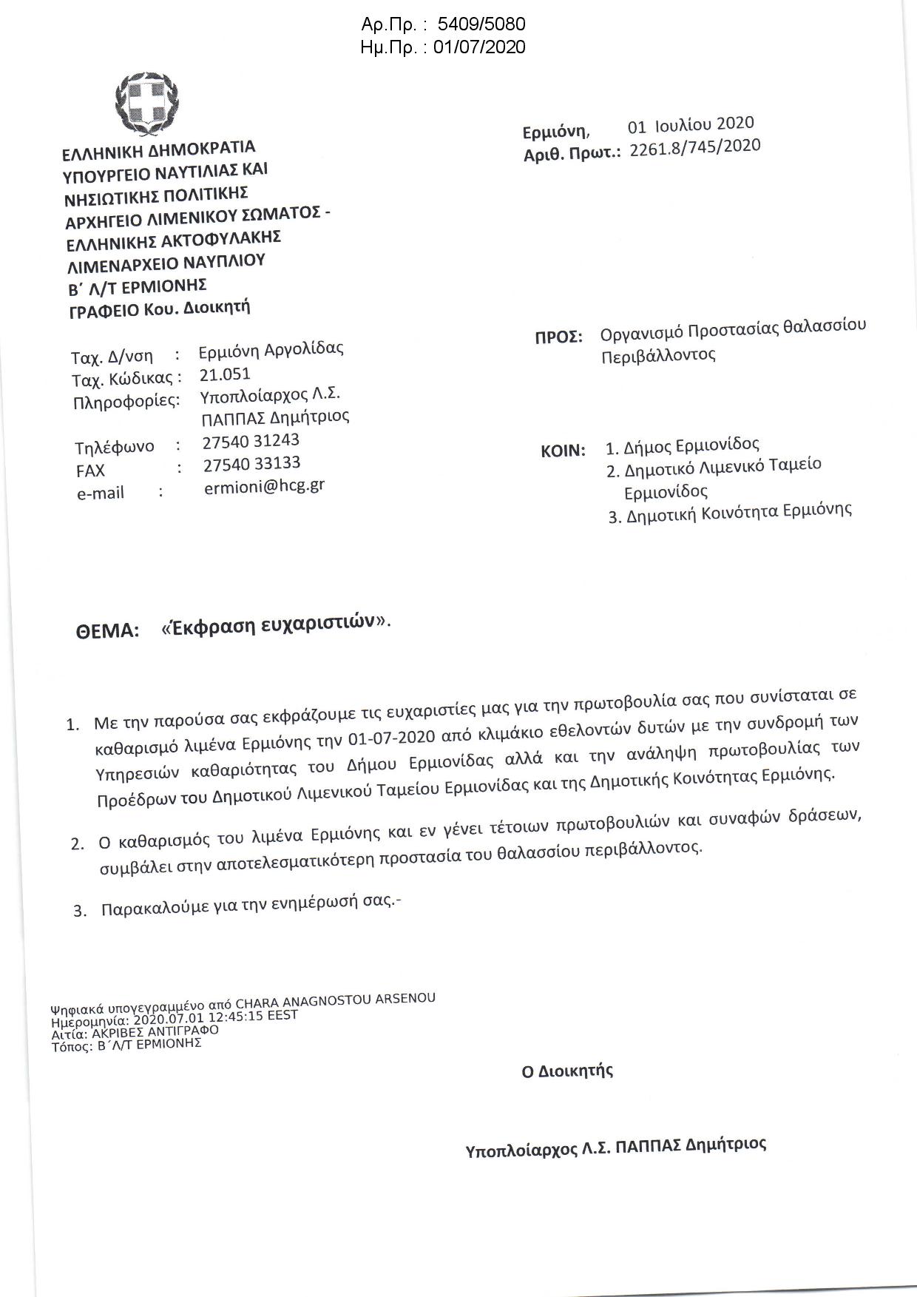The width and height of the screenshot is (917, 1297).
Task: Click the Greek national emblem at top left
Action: click(146, 107)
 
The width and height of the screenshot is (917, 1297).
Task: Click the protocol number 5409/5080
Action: click(481, 25)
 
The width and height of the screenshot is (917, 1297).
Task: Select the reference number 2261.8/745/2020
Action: click(694, 147)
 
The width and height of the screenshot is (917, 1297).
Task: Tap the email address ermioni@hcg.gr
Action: click(264, 486)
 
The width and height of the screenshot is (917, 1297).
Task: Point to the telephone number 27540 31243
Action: click(251, 441)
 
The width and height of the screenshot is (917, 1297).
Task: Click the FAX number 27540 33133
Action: click(251, 464)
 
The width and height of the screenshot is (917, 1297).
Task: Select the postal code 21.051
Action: click(225, 374)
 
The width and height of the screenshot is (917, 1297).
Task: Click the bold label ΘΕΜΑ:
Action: click(107, 631)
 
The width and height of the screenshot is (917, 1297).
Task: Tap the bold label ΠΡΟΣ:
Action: click(558, 337)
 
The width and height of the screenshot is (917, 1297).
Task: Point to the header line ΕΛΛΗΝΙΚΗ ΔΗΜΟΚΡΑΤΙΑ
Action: click(158, 150)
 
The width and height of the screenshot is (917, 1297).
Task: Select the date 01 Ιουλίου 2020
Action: click(691, 124)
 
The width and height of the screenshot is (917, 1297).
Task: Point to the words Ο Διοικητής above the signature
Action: click(567, 1071)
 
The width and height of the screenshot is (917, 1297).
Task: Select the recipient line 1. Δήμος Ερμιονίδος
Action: click(683, 445)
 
